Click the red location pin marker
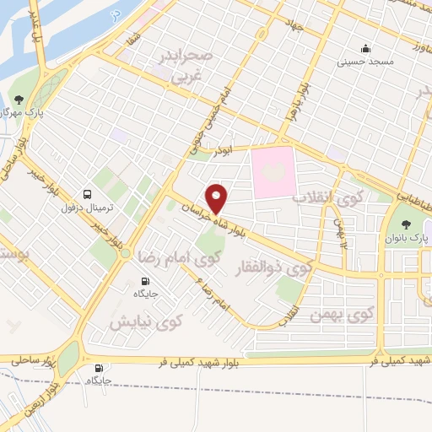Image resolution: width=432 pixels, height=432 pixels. tap(219, 198)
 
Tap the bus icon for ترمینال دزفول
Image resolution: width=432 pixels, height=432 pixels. tap(89, 194)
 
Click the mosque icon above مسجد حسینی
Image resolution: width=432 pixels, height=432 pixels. tap(365, 48)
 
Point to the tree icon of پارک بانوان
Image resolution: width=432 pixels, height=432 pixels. tap(408, 224)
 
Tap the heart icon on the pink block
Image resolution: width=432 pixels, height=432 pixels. tap(274, 172)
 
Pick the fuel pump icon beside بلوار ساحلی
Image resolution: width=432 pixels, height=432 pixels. tap(100, 368)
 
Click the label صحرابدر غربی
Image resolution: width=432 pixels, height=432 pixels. tap(194, 67)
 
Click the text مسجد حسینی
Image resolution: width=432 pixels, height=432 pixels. tap(365, 61)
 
